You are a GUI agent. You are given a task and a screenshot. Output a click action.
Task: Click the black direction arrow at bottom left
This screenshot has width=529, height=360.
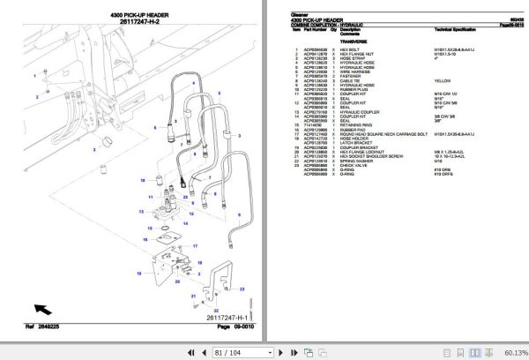click(x=42, y=309)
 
